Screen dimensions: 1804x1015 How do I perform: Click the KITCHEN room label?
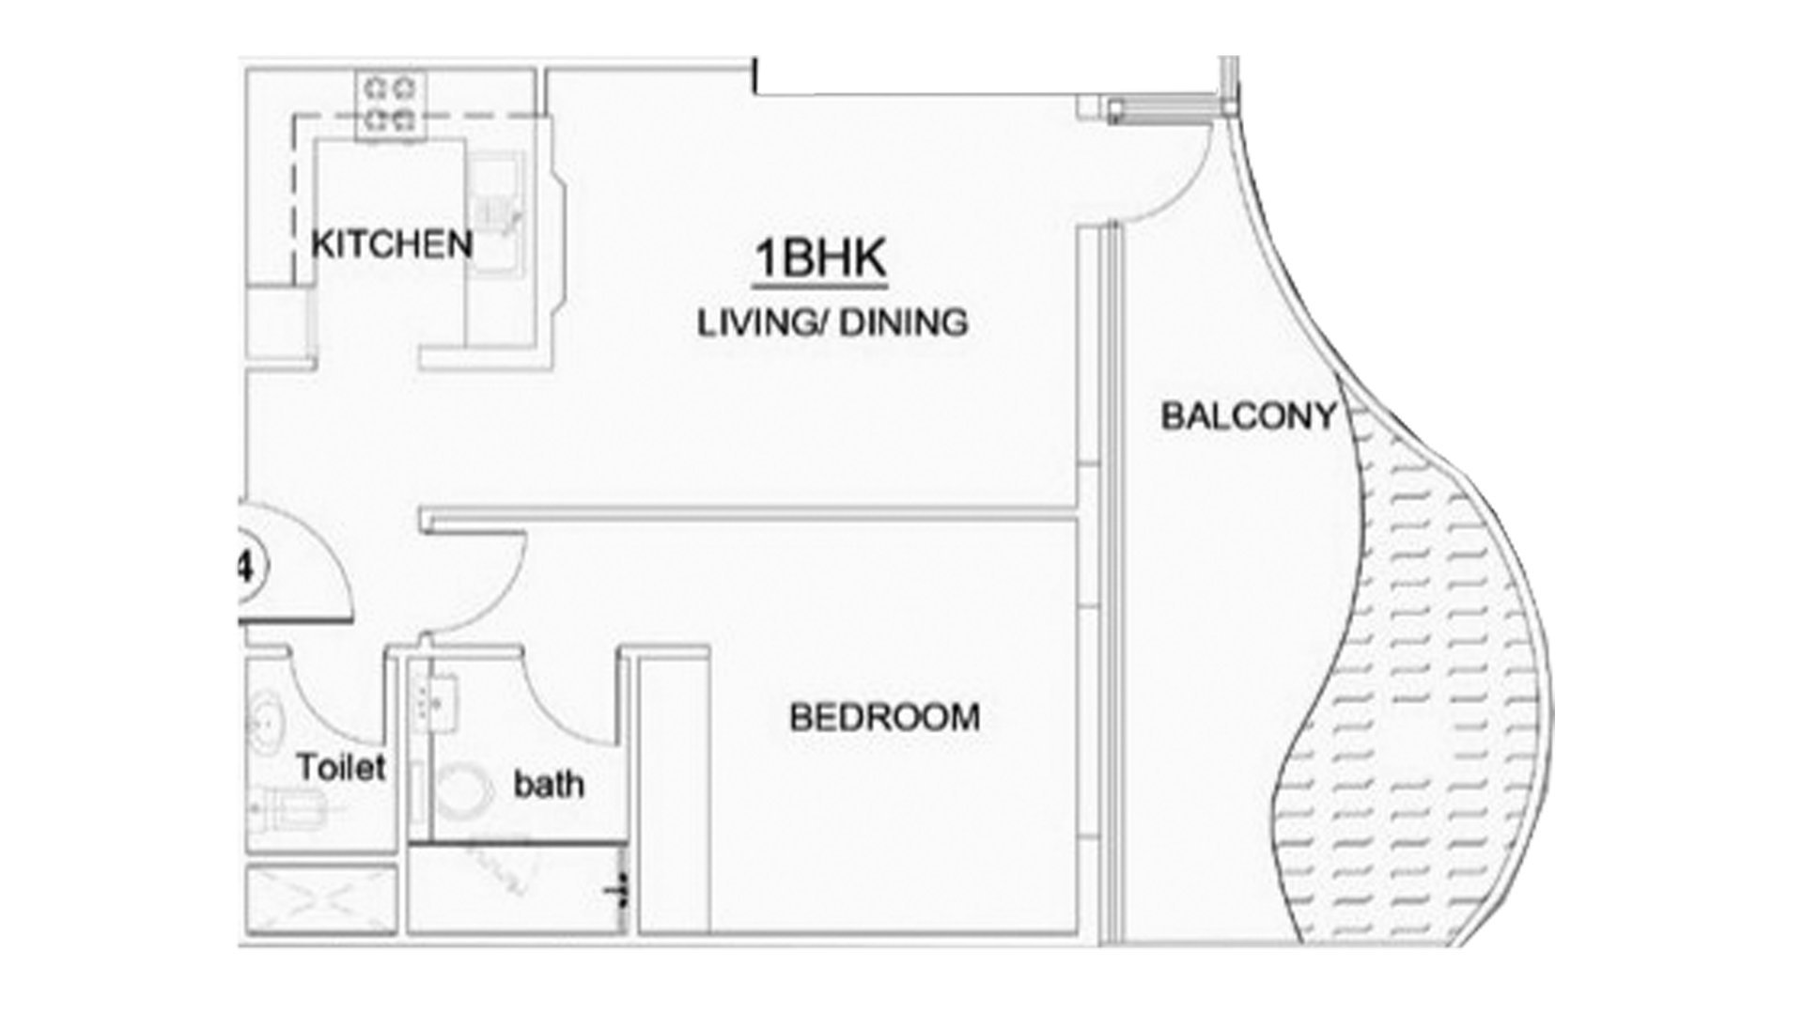pos(392,244)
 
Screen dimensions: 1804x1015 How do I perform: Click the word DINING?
pos(902,323)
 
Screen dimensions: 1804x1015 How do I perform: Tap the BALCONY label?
pos(1249,415)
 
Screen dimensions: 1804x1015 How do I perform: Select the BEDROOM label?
pos(885,718)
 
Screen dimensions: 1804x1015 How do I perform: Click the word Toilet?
pos(342,768)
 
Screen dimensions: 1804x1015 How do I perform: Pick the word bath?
pos(549,784)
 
